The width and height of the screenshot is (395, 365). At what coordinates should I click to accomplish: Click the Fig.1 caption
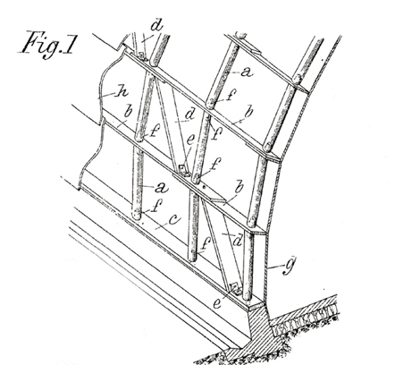click(46, 44)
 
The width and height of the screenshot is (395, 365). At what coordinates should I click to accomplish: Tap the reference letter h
click(122, 92)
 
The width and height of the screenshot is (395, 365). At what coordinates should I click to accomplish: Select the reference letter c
click(174, 219)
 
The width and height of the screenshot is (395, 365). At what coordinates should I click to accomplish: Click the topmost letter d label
click(156, 25)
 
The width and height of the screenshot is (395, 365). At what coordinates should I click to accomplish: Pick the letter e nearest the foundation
click(217, 303)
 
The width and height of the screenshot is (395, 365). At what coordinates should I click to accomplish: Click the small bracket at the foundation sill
click(235, 288)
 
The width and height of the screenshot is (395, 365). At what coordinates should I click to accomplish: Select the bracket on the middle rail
click(183, 169)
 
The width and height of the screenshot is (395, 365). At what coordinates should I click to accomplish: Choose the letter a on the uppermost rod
click(246, 72)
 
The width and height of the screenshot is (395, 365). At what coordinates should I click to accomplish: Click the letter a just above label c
click(161, 188)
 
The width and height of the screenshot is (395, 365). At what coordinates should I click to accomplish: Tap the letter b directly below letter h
click(129, 112)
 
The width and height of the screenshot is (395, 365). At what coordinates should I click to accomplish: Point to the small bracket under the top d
click(142, 55)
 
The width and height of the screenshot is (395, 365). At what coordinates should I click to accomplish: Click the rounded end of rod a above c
click(138, 215)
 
